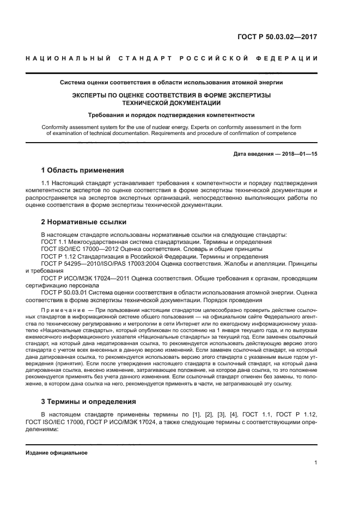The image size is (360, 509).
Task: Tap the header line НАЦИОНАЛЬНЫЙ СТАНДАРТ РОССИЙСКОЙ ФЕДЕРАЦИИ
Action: coord(172,58)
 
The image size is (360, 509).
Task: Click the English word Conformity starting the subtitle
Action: coord(55,126)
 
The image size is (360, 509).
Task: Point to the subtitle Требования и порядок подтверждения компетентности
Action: coord(172,115)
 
